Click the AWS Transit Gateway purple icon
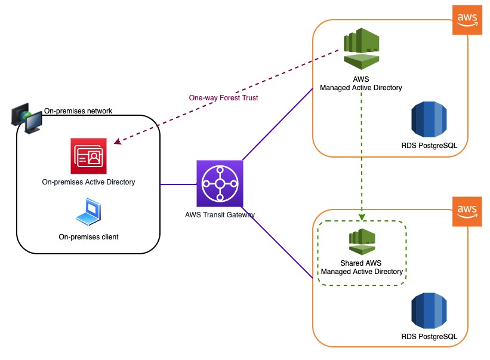[220, 183]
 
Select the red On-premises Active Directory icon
[88, 156]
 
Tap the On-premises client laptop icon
[88, 212]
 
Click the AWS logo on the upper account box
[467, 19]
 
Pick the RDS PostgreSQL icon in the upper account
[429, 119]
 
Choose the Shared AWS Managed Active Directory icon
[362, 241]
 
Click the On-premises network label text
[78, 111]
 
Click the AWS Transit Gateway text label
[220, 214]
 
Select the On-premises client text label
[88, 237]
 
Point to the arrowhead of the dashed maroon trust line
[117, 142]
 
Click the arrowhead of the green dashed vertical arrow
[362, 218]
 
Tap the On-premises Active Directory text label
[88, 182]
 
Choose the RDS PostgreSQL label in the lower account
[429, 337]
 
